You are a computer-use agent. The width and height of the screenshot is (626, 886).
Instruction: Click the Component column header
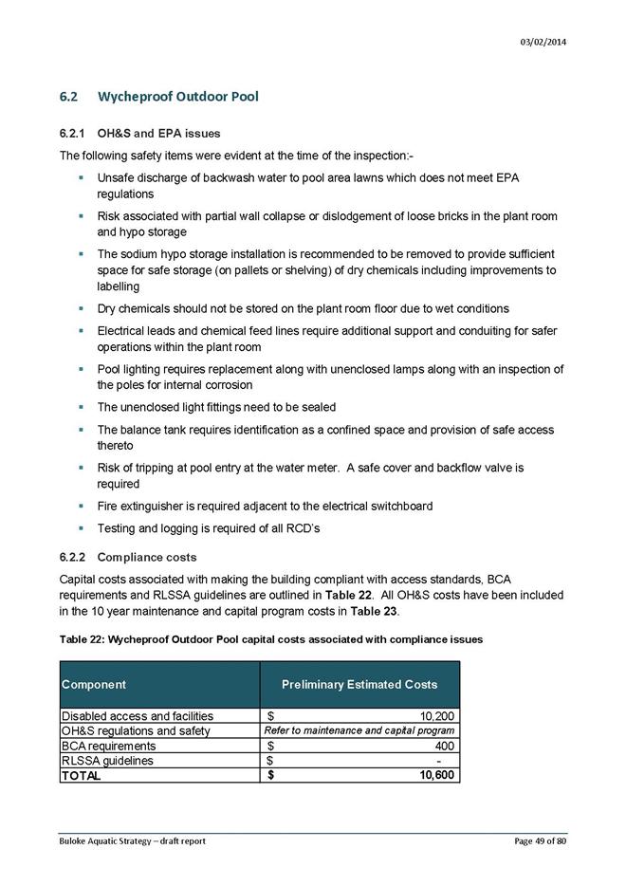(x=94, y=684)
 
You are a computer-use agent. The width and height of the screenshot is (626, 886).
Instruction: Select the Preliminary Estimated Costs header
(x=359, y=684)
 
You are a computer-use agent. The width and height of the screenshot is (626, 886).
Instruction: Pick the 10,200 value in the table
(x=436, y=716)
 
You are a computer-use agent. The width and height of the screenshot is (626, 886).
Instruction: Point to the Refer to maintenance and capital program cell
(x=359, y=730)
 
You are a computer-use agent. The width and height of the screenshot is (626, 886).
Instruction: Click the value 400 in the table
(x=445, y=746)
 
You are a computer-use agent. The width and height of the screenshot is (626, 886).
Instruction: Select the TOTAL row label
(x=82, y=775)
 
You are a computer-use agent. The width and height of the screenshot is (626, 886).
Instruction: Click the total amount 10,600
(x=436, y=775)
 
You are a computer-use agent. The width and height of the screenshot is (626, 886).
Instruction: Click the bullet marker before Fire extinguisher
(x=83, y=507)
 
